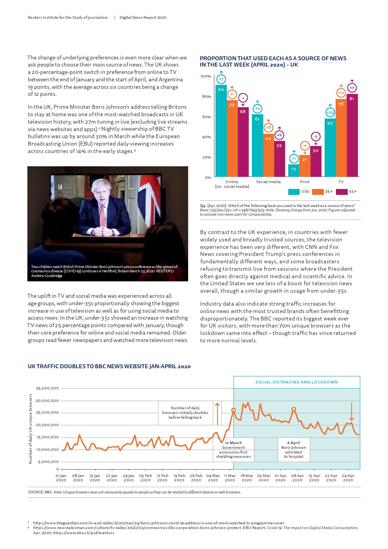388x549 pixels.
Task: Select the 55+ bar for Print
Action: click(x=316, y=161)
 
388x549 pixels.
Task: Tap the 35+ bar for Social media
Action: click(x=268, y=155)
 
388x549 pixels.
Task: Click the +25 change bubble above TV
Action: click(x=330, y=113)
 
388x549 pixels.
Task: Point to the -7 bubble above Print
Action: click(x=316, y=137)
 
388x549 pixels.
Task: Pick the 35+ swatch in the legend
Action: click(x=318, y=192)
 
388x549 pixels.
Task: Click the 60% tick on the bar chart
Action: click(x=206, y=117)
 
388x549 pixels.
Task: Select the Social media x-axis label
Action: click(x=268, y=182)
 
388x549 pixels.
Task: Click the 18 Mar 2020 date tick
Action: click(x=247, y=478)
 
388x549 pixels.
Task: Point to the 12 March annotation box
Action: click(x=234, y=450)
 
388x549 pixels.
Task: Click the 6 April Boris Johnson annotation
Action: click(x=294, y=450)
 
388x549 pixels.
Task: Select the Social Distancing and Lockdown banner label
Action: click(x=296, y=382)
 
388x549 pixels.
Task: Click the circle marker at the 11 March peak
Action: click(x=234, y=410)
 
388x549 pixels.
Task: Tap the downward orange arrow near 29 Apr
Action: click(x=352, y=412)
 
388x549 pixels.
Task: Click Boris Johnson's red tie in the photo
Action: click(x=102, y=216)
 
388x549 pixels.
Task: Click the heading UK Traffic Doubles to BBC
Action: click(x=109, y=367)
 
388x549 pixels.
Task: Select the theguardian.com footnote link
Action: click(x=158, y=523)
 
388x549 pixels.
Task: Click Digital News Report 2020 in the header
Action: click(x=143, y=18)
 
